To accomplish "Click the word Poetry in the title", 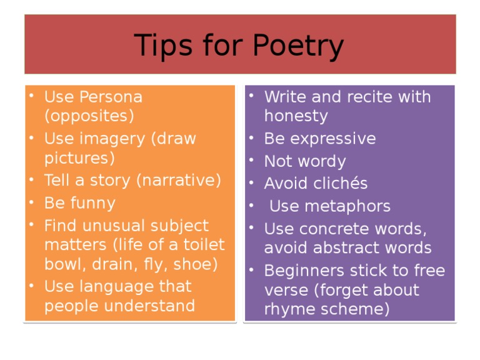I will tap(298, 46).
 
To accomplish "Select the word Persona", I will tap(112, 97).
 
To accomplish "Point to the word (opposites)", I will tap(89, 116).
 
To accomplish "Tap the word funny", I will tap(92, 203).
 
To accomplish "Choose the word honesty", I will tap(296, 116).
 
